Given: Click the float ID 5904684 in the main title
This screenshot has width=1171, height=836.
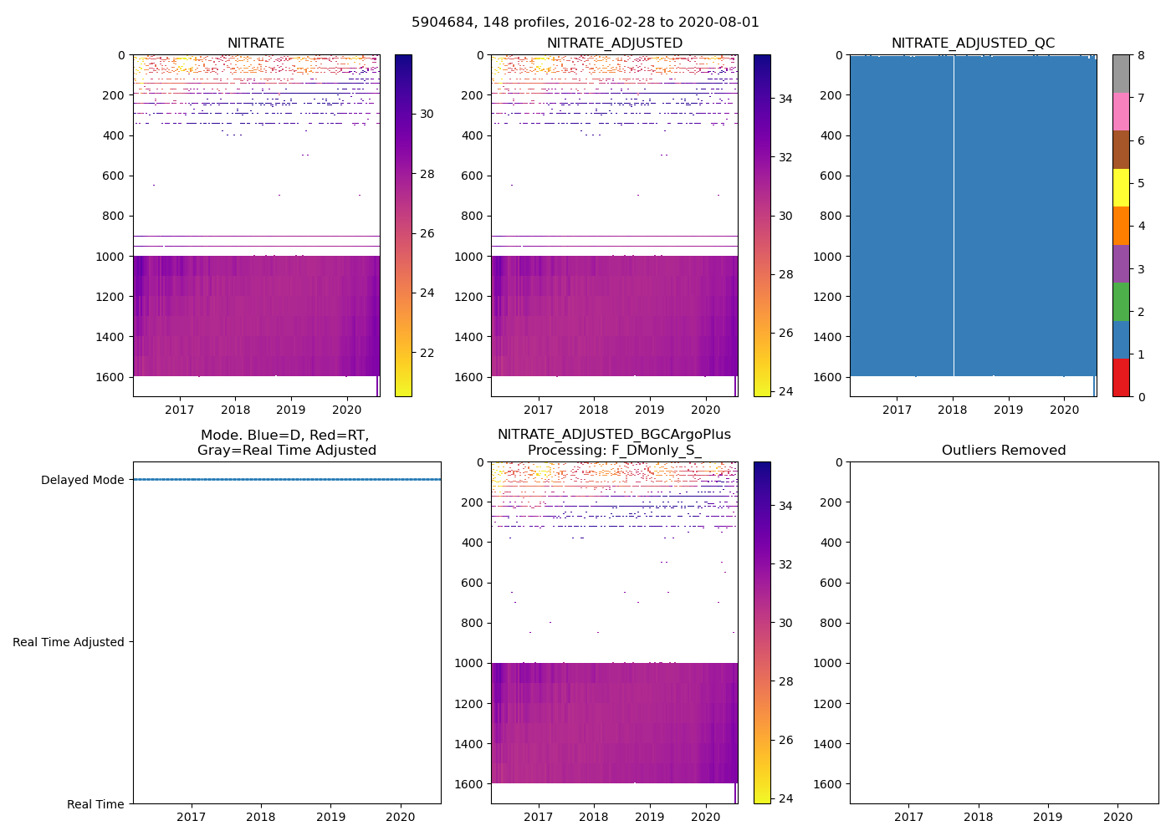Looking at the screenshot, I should point(443,23).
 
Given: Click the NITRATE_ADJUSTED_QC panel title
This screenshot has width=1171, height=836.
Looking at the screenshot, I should point(973,43).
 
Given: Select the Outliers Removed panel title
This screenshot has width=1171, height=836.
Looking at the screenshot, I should point(1004,451).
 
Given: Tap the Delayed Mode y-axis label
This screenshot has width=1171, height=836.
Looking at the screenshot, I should point(82,480).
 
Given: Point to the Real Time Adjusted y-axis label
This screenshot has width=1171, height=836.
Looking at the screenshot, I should point(69,642).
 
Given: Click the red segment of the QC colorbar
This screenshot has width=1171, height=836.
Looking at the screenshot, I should point(1121,378).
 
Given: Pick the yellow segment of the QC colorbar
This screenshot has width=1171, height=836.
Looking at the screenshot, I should point(1121,187).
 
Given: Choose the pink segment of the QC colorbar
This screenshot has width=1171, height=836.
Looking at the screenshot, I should point(1121,111).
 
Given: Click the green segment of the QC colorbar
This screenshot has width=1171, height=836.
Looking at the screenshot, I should point(1121,302).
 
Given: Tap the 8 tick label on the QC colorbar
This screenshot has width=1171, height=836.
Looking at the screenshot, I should point(1140,55).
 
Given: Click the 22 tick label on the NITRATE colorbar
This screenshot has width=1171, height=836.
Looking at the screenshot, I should point(427,353).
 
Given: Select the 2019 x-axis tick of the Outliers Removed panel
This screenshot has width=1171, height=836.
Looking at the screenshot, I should point(1048,817).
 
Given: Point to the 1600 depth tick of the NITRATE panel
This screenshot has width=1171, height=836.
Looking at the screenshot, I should point(110,377).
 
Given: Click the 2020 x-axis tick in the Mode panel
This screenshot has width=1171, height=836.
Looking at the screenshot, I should point(401,817).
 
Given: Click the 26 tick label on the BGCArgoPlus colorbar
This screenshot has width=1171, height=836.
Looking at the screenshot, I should point(785,740).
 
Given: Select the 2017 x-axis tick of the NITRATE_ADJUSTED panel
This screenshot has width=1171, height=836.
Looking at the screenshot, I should point(538,410).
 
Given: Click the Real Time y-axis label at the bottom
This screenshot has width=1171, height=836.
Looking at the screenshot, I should point(95,804).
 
